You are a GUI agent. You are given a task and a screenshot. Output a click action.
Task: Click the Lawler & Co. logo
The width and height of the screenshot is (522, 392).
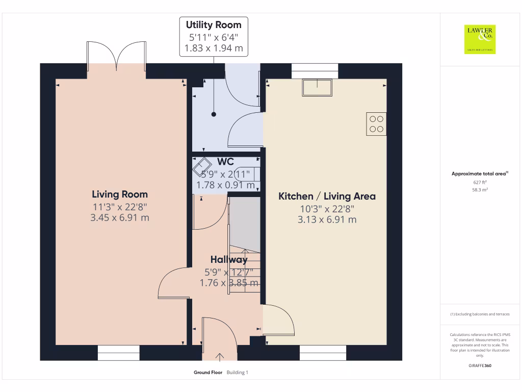coord(480,39)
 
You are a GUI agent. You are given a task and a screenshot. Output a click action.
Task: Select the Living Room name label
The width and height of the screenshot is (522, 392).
coord(120,194)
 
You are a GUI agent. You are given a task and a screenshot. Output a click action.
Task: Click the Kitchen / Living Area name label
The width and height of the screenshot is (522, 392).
coord(327,197)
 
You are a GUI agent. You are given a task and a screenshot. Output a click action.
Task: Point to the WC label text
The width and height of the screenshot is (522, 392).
coord(225,162)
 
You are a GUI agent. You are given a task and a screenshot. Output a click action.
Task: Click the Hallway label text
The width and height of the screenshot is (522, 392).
coord(229,260)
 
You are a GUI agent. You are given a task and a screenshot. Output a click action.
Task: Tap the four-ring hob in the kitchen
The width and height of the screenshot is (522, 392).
coord(376,124)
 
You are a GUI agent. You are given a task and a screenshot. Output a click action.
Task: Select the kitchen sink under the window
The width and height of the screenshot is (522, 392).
coord(317,87)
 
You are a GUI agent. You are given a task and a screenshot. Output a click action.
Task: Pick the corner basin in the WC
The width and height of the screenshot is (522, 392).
coord(202,166)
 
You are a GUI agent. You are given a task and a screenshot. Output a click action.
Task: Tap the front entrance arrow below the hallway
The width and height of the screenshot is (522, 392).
coord(220,356)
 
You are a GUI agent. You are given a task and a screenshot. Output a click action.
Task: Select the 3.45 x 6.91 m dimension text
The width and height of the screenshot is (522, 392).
coord(120,218)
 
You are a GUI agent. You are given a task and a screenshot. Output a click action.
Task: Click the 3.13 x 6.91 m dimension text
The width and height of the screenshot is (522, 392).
coord(327,220)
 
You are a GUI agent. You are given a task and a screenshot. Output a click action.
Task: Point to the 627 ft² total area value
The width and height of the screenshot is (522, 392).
coord(480,182)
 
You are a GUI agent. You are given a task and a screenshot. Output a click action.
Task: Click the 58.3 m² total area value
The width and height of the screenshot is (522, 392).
coord(480,189)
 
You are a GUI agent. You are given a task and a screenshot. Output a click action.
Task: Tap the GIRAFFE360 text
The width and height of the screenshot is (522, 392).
coord(480,365)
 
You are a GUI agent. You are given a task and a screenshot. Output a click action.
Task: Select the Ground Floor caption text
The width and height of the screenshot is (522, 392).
coord(207,373)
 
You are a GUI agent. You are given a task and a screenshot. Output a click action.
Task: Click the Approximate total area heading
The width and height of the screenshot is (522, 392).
coord(479,174)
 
